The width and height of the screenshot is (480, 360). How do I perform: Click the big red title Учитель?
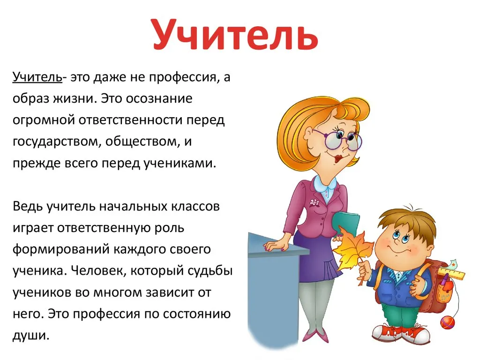(235, 35)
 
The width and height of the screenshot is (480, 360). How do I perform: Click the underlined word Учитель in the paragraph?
(37, 77)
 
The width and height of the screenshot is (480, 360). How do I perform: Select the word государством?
(54, 142)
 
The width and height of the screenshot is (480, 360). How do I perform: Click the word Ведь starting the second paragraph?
(28, 206)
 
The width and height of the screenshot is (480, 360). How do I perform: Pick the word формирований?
(61, 249)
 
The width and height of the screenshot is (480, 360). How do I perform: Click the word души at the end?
(30, 336)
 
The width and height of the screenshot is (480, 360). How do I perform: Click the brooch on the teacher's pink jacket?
(314, 202)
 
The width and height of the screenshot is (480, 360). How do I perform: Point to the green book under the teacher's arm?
(345, 222)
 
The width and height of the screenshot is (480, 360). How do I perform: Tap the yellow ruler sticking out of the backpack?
(451, 273)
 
